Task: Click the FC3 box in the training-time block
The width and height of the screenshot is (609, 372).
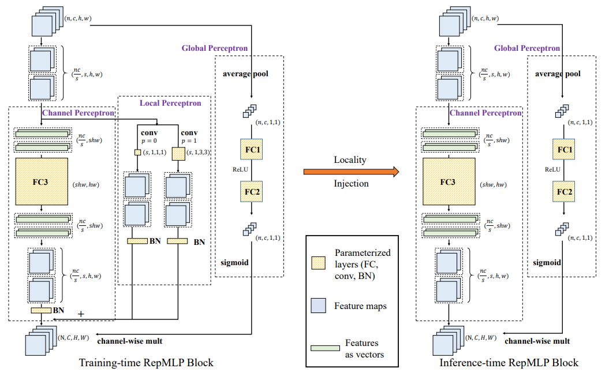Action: point(42,181)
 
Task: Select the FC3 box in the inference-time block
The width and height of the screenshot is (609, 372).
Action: point(449,181)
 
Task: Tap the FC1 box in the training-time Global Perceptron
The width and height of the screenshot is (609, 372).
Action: point(252,150)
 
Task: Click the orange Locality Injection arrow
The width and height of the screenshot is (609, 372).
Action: point(352,171)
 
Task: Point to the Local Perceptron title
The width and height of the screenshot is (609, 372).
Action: point(170,103)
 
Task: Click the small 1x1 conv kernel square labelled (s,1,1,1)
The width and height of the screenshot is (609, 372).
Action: point(137,152)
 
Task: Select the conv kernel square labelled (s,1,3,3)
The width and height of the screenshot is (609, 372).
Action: point(178,153)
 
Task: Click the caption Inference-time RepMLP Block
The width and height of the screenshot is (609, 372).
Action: point(509,363)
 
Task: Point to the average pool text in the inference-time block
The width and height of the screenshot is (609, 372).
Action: point(558,74)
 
